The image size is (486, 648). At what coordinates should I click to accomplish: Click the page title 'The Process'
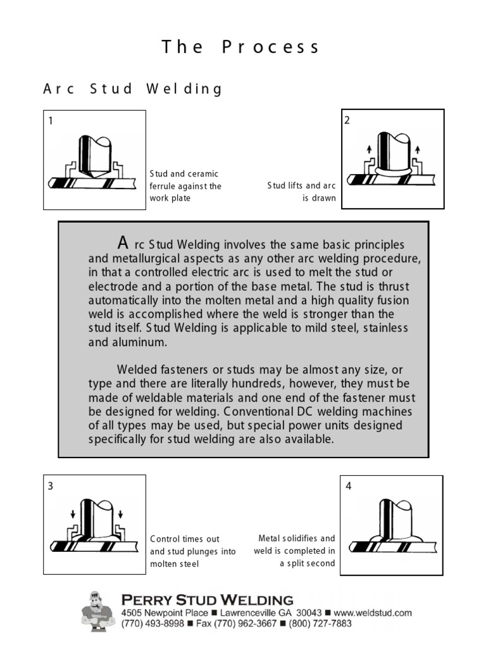240,47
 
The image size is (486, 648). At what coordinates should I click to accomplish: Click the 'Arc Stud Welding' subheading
133,89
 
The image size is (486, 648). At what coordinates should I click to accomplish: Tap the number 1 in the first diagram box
51,121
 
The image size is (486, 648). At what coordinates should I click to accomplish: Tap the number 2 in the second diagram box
347,120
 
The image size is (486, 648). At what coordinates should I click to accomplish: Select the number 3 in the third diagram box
51,486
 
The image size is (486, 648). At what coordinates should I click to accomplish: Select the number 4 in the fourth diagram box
349,486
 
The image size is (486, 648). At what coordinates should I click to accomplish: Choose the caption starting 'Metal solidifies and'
295,551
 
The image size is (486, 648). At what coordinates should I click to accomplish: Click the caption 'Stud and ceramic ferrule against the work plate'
185,185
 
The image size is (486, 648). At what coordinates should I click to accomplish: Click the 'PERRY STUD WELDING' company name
207,599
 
